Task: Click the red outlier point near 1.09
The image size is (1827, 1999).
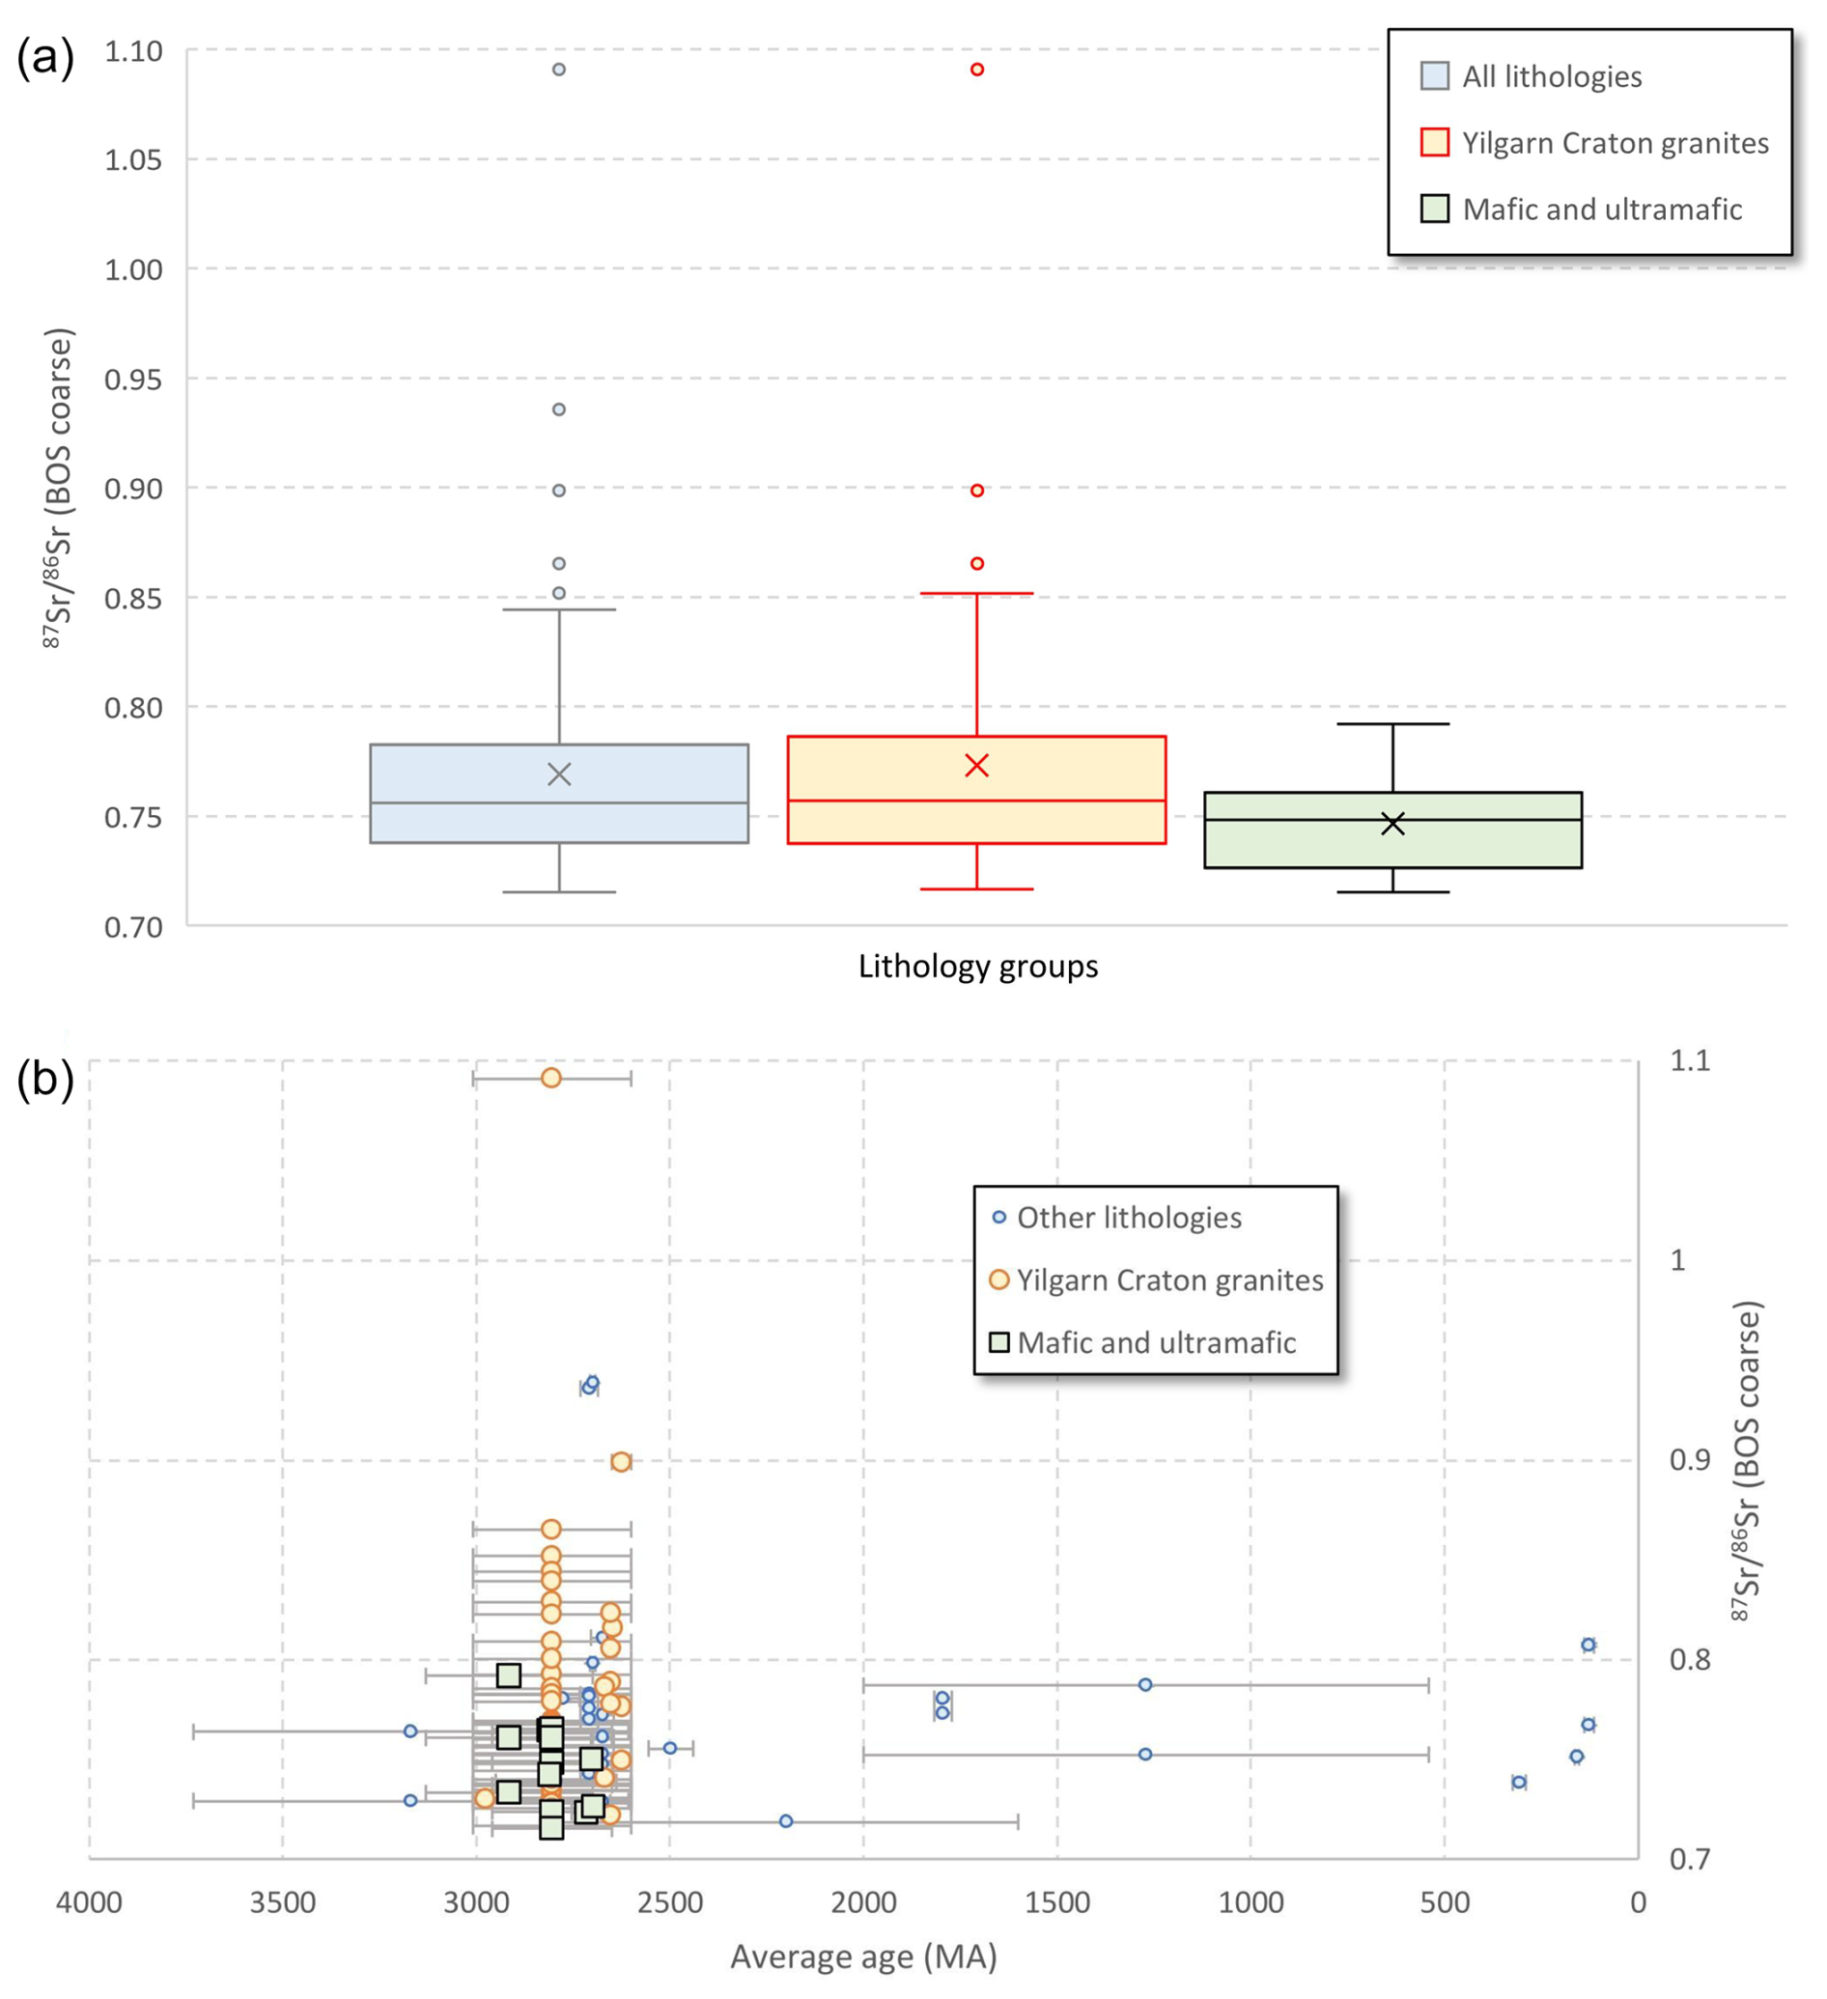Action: pos(976,70)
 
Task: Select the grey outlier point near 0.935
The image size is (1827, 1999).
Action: pos(559,409)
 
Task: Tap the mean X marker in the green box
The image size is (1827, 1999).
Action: pos(1391,823)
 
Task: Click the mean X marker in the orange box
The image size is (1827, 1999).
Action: pos(976,766)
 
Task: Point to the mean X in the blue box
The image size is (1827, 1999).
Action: pos(559,774)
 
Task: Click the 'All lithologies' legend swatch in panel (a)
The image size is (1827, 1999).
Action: pos(1434,76)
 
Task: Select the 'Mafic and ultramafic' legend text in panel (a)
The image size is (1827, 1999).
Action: pos(1602,210)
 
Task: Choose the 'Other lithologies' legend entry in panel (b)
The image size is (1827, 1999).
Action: pos(1129,1218)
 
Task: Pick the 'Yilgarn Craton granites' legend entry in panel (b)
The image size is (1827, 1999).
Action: pos(1169,1281)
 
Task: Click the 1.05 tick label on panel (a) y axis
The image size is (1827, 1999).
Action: pos(134,159)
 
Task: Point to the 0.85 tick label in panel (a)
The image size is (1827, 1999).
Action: pos(134,598)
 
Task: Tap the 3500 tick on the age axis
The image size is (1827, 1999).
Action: pos(283,1902)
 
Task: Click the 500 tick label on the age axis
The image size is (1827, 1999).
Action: pos(1444,1902)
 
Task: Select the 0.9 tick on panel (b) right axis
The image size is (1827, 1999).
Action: pos(1690,1459)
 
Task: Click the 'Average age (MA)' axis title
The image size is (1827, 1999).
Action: pos(863,1957)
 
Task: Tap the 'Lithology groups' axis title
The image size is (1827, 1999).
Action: pos(977,966)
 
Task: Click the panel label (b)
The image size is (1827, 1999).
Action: pos(44,1079)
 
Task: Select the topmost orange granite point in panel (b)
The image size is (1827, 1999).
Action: pos(551,1078)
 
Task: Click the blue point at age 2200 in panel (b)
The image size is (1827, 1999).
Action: pos(786,1821)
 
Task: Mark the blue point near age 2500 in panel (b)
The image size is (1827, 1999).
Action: pos(670,1748)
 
